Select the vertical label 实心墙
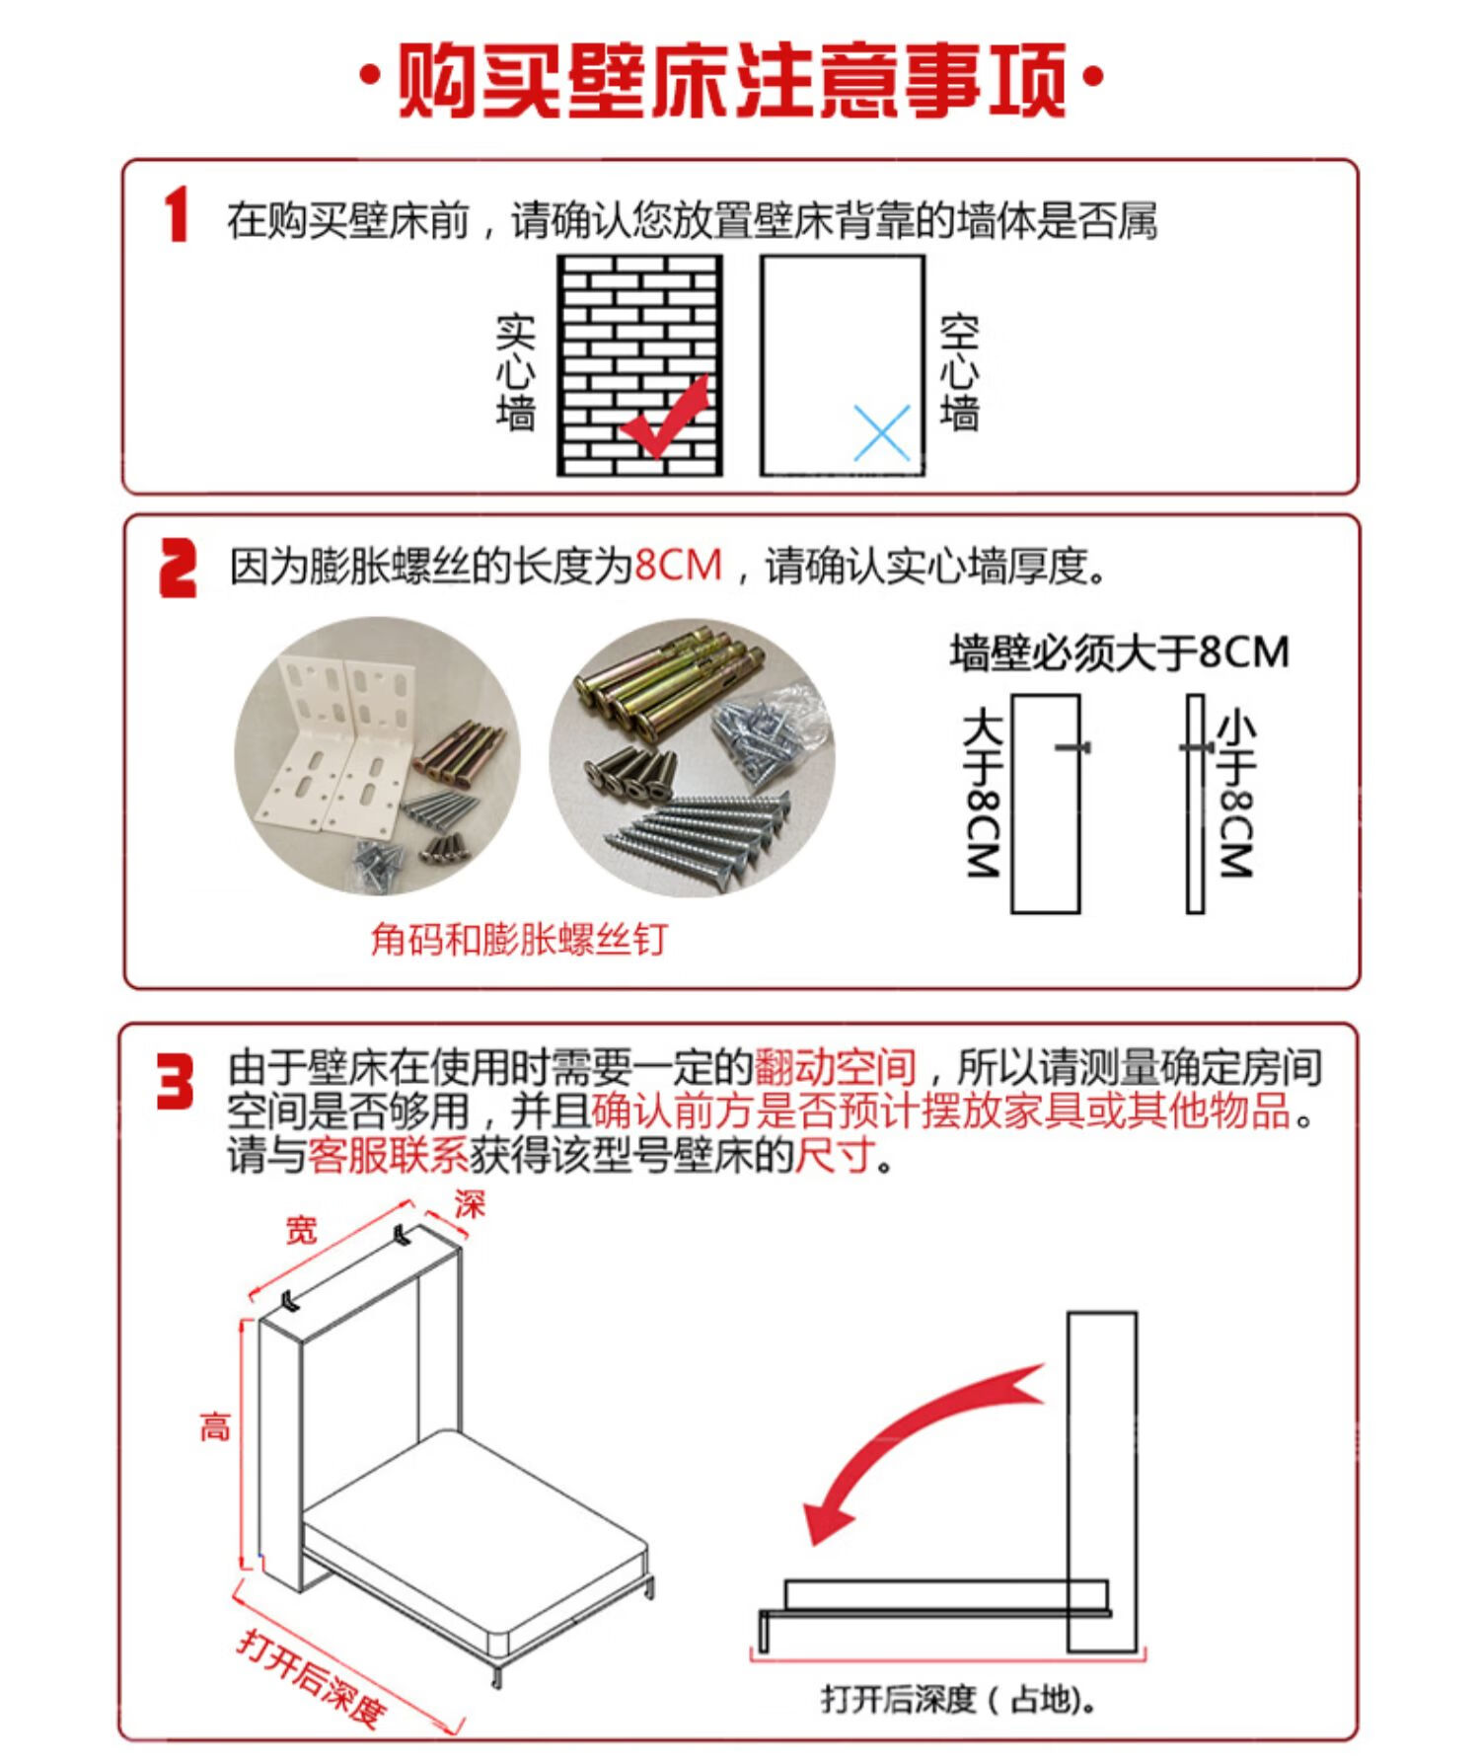515,373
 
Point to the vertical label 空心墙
959,373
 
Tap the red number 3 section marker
177,1082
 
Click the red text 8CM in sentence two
679,566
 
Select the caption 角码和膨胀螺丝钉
519,939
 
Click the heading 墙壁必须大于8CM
1119,652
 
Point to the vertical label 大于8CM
983,792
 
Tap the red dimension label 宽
301,1230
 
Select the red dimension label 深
470,1204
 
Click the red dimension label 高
215,1426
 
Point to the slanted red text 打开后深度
310,1678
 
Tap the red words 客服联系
388,1155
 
